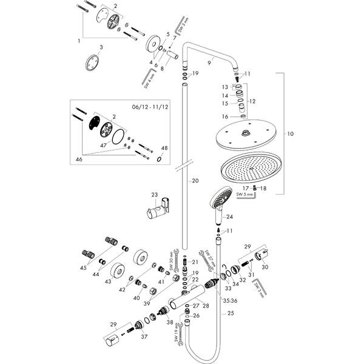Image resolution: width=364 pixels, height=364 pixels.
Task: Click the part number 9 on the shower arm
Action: [x=210, y=59]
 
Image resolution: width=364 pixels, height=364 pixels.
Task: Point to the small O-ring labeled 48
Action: [x=159, y=160]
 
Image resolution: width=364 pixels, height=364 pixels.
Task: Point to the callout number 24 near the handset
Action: [x=229, y=217]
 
